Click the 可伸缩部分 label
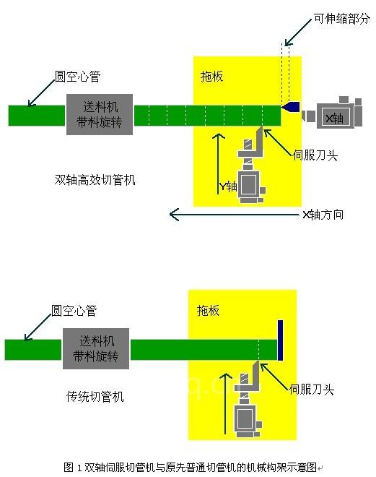(341, 19)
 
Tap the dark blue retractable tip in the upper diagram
(291, 107)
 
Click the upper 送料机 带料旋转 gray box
(100, 114)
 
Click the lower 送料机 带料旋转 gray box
(96, 348)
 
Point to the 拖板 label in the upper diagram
(211, 77)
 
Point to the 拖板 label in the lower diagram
(208, 311)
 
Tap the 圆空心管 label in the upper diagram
(77, 77)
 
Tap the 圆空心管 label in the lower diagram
(74, 311)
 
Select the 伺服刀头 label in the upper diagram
(315, 155)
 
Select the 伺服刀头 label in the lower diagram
(312, 389)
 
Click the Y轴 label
(228, 186)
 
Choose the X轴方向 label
(323, 215)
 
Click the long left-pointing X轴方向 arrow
(234, 215)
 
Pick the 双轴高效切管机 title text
(95, 180)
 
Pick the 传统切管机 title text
(95, 397)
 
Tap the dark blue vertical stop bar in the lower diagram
(280, 340)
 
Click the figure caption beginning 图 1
(193, 467)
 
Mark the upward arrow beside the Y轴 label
(218, 163)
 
